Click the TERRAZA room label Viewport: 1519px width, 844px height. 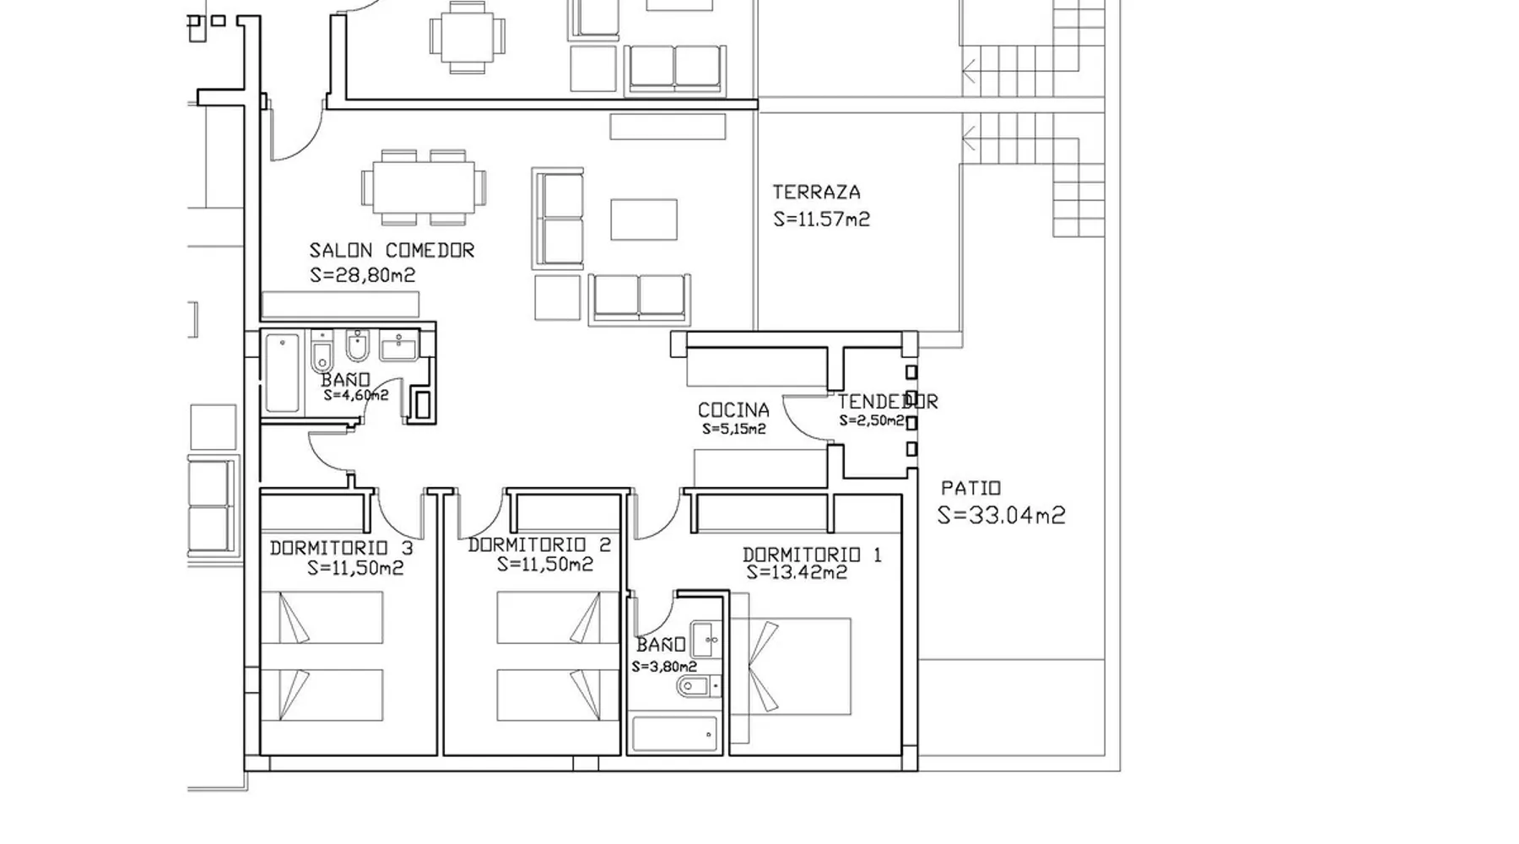tap(816, 192)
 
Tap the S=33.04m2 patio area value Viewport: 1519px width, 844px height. tap(1002, 515)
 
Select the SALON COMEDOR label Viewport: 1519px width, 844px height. tap(392, 251)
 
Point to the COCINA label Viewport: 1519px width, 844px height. tap(733, 410)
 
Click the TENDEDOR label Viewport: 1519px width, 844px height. tap(887, 402)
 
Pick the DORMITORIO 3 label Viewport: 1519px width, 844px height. tap(341, 549)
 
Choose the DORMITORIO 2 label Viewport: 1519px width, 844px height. tap(539, 545)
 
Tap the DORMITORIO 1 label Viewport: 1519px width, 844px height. tap(812, 555)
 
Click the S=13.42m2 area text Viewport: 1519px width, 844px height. tap(797, 573)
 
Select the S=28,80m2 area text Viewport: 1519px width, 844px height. tap(362, 275)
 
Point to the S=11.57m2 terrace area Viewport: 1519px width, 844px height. tap(821, 219)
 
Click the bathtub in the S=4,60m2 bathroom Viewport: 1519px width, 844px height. tap(282, 373)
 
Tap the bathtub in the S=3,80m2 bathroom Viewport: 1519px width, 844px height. tap(674, 734)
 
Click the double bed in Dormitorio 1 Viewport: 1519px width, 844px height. tap(790, 666)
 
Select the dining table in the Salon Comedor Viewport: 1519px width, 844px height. tap(424, 187)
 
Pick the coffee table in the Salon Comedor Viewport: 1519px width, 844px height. tap(644, 219)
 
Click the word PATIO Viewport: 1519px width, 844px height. tap(970, 488)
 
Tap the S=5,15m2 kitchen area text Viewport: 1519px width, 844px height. tap(733, 430)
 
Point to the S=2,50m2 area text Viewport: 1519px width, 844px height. tap(871, 420)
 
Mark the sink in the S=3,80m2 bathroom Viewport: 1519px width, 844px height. tap(704, 640)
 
